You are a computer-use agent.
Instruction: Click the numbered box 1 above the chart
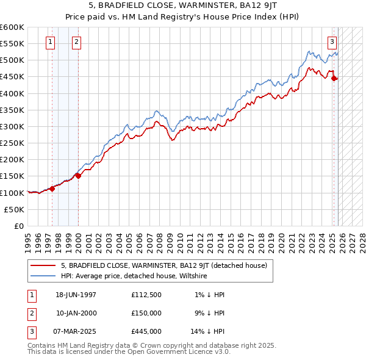(49, 42)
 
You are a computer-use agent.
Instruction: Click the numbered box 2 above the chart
(76, 42)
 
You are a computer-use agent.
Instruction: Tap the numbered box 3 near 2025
(332, 42)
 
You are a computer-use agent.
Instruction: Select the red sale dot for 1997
(52, 189)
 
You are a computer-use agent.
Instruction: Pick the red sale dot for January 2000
(79, 176)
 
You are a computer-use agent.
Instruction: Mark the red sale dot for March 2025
(334, 78)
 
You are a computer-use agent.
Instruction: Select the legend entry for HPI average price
(134, 276)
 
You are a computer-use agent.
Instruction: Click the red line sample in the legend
(43, 265)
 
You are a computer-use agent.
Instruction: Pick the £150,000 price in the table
(146, 313)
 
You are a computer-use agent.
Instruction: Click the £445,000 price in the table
(146, 331)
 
